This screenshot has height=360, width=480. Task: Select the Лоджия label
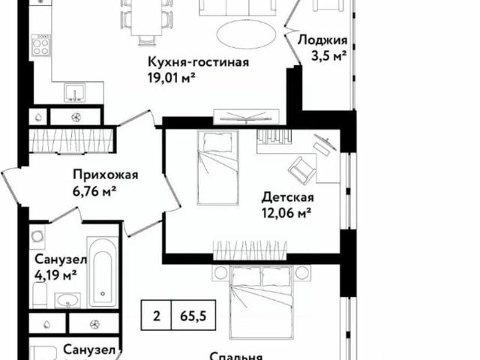pyautogui.click(x=322, y=40)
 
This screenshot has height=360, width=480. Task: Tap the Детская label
pyautogui.click(x=286, y=198)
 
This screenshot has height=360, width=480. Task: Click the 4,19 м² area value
pyautogui.click(x=55, y=274)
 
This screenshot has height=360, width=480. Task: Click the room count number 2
pyautogui.click(x=157, y=315)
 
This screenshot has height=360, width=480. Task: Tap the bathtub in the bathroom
pyautogui.click(x=103, y=273)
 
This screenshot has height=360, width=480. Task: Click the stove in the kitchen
pyautogui.click(x=40, y=47)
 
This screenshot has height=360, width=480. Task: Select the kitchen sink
pyautogui.click(x=73, y=94)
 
